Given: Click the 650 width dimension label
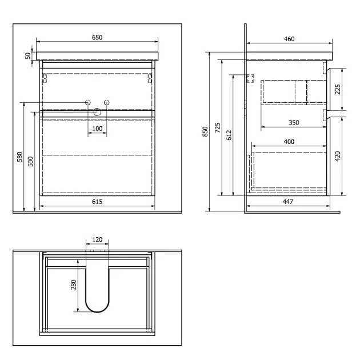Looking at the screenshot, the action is pyautogui.click(x=97, y=37).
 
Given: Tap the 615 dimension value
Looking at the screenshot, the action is pyautogui.click(x=97, y=202).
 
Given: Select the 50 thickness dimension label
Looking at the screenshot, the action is pyautogui.click(x=28, y=56).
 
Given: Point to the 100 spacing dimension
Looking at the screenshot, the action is pyautogui.click(x=97, y=129).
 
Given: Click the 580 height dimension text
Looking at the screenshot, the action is pyautogui.click(x=20, y=157).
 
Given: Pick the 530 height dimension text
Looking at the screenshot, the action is pyautogui.click(x=30, y=161).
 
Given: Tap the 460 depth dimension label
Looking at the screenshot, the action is pyautogui.click(x=289, y=39).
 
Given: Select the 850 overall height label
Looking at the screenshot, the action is pyautogui.click(x=205, y=131).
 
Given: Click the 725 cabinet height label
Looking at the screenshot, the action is pyautogui.click(x=217, y=127).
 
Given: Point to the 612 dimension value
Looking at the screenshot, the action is pyautogui.click(x=229, y=135).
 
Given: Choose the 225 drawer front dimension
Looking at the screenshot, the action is pyautogui.click(x=338, y=89).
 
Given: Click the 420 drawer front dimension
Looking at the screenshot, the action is pyautogui.click(x=338, y=157).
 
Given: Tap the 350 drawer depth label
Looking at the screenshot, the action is pyautogui.click(x=294, y=123).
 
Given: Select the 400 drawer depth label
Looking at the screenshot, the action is pyautogui.click(x=289, y=142).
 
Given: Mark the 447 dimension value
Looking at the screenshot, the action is pyautogui.click(x=288, y=202).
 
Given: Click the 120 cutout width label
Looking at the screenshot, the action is pyautogui.click(x=97, y=239).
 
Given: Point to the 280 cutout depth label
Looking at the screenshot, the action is pyautogui.click(x=74, y=285).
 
